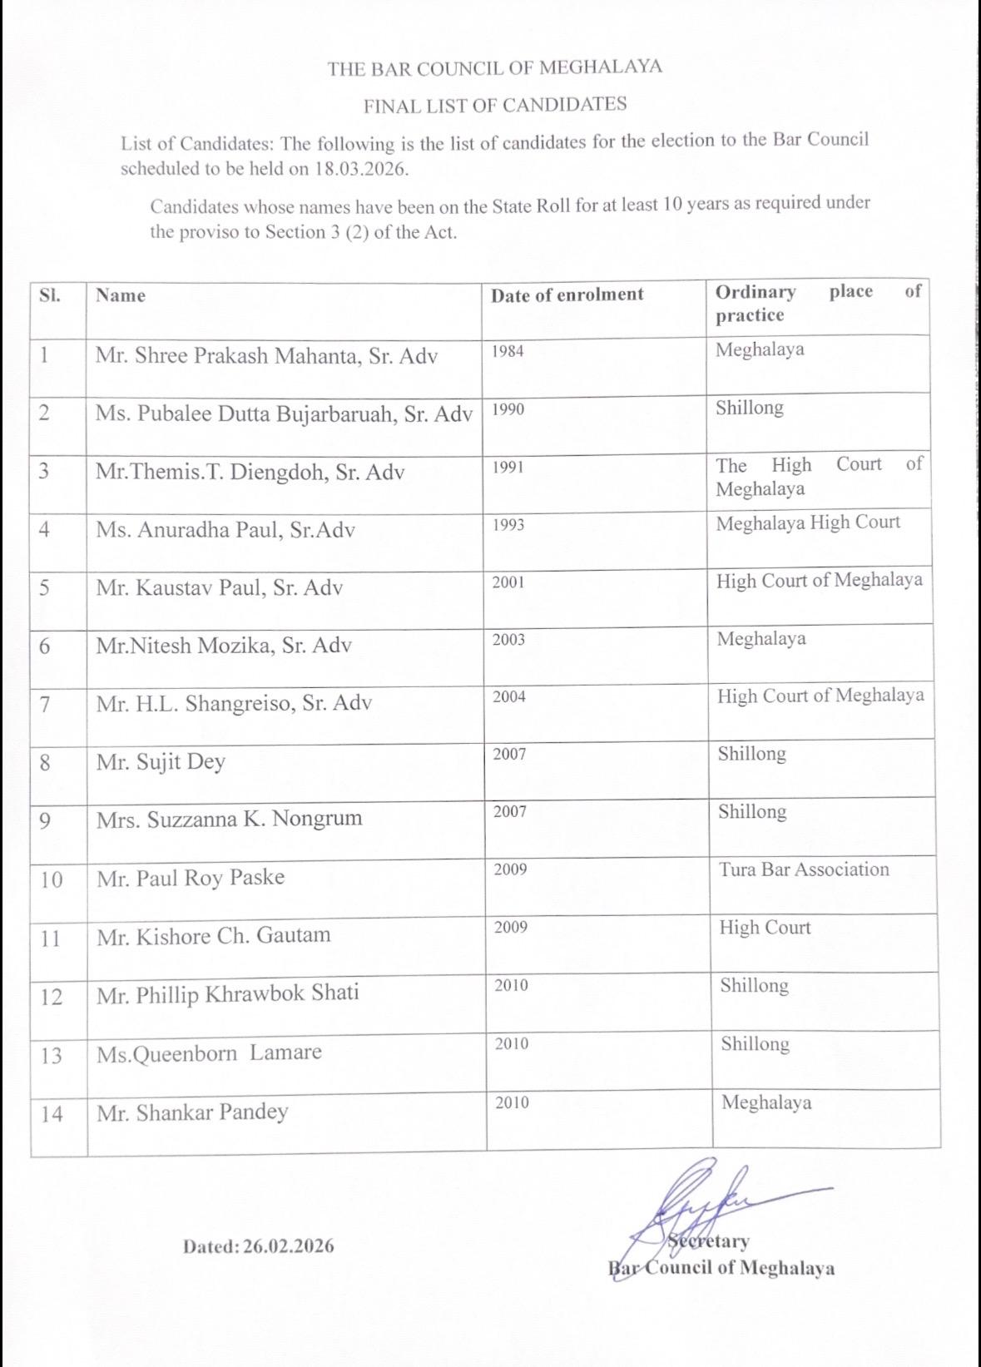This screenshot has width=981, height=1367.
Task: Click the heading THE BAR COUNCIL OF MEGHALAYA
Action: point(494,68)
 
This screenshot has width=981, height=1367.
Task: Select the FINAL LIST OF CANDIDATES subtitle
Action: point(494,105)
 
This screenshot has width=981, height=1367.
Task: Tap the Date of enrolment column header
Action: point(567,295)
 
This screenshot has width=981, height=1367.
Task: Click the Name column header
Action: point(120,295)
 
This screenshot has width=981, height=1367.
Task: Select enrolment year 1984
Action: point(508,351)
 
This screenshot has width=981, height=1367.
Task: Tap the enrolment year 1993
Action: point(508,525)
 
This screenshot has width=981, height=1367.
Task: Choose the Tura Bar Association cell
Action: point(804,869)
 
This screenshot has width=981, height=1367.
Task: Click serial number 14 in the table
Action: point(52,1113)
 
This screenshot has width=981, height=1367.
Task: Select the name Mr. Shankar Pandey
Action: point(192,1112)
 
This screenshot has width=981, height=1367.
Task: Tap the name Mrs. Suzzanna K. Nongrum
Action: point(229,819)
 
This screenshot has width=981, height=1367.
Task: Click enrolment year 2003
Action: point(508,640)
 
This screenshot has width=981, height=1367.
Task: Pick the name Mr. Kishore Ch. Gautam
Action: point(213,936)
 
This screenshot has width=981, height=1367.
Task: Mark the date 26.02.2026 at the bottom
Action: point(288,1246)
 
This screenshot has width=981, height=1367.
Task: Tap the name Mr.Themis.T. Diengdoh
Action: point(250,473)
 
